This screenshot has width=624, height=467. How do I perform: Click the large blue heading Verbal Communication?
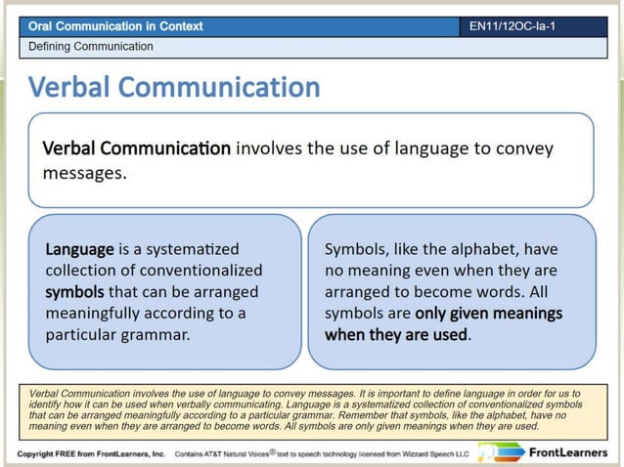pos(174,88)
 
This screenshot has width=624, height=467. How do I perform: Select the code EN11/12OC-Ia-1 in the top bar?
pos(513,26)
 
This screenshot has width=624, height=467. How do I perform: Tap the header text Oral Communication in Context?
pos(115,26)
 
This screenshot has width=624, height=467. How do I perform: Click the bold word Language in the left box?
pos(79,249)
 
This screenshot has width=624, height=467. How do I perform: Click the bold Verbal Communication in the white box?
pos(137,149)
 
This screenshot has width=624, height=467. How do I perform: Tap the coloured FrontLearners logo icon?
pos(502,452)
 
